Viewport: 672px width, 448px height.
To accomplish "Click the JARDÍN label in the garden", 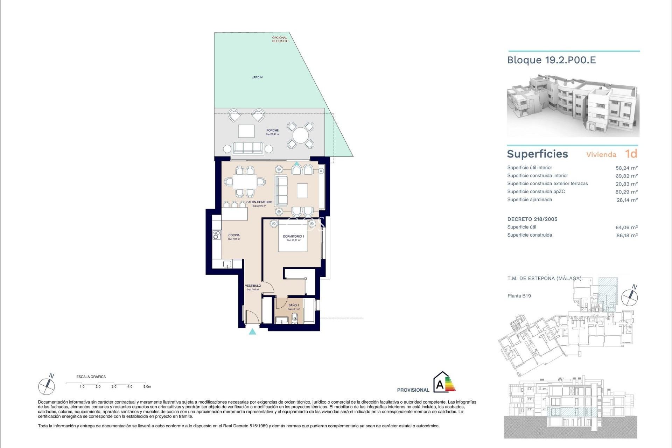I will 257,77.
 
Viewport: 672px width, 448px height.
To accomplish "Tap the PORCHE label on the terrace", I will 272,131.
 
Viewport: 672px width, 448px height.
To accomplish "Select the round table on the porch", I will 300,135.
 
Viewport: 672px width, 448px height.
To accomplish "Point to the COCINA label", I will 234,235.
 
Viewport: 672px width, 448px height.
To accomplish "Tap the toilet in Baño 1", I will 295,318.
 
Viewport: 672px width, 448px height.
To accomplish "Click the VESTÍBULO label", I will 253,286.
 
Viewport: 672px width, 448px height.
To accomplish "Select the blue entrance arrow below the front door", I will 252,331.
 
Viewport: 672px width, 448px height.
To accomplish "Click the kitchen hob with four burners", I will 217,235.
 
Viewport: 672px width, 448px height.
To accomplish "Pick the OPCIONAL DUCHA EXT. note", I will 280,39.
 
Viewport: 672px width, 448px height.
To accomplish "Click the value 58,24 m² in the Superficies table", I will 626,168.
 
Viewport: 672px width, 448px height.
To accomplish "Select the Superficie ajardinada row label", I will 530,199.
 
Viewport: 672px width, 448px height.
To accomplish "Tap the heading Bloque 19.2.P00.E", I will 551,60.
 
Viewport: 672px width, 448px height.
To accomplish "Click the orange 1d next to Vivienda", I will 631,154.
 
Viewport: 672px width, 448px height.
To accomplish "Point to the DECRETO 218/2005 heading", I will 532,219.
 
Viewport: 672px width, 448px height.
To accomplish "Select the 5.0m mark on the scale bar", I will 147,386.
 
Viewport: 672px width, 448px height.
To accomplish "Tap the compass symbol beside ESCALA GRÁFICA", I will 47,386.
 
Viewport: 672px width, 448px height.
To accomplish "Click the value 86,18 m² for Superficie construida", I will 627,236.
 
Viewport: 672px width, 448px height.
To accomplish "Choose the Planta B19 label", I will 519,296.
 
